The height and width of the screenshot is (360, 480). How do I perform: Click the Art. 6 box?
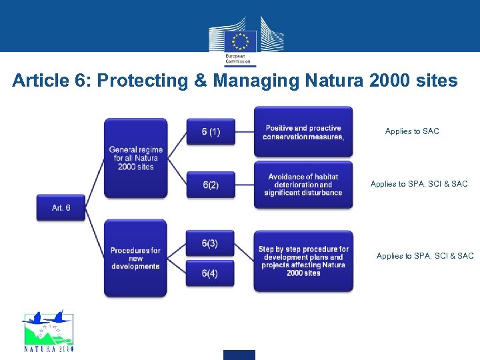point(61,208)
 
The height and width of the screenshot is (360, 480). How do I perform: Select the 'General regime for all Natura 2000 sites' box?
point(135,159)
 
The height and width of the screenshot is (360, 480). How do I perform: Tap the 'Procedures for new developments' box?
point(135,258)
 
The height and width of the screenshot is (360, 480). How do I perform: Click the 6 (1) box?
point(211,132)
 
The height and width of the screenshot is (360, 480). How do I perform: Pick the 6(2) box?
point(211,185)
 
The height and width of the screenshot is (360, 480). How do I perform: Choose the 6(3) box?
point(210,244)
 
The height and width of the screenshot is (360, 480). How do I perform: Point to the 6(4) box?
point(210,273)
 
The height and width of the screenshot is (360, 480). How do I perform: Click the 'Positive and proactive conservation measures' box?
point(303,132)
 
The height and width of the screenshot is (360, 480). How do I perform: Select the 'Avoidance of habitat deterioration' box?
point(303,185)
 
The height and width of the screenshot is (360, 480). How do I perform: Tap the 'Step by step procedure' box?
point(303,261)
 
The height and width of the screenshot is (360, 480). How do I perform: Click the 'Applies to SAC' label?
point(412,131)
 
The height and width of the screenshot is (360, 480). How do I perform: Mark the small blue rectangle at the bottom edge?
point(239,355)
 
